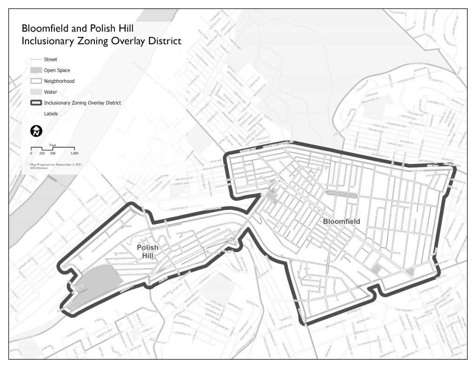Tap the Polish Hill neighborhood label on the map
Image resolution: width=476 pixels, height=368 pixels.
tap(147, 251)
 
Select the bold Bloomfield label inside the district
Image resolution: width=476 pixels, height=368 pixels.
tap(342, 221)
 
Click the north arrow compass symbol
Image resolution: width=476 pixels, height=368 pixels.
tap(36, 131)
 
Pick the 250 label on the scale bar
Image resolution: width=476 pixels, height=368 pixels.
tap(42, 153)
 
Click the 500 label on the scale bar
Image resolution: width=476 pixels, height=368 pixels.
tap(53, 153)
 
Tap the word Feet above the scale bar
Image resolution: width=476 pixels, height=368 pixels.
tap(53, 145)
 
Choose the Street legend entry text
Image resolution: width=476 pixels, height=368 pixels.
tap(50, 60)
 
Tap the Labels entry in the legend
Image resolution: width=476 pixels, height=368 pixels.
tap(51, 113)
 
